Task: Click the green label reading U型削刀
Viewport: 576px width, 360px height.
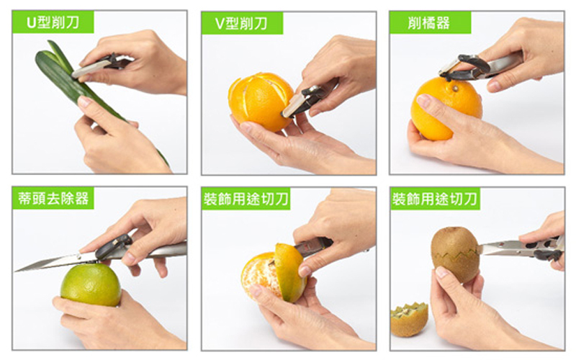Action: (x=53, y=22)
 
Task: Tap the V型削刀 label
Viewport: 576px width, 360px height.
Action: (x=242, y=23)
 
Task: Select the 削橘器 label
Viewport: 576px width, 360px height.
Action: (x=430, y=23)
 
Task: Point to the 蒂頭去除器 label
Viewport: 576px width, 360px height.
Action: (x=53, y=199)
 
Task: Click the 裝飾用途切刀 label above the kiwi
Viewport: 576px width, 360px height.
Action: (x=436, y=199)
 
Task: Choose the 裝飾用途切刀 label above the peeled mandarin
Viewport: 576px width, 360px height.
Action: (x=246, y=199)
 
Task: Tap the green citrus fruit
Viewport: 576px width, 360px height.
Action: (x=91, y=284)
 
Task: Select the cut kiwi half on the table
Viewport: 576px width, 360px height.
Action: (x=409, y=320)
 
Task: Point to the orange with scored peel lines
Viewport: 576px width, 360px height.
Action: (x=260, y=102)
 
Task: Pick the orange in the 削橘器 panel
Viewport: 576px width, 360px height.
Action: (x=446, y=109)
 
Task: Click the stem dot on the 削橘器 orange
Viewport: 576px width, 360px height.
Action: (x=456, y=88)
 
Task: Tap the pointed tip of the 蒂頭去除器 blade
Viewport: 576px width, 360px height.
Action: (x=15, y=271)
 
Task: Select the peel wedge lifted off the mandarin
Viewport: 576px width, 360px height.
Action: (x=289, y=273)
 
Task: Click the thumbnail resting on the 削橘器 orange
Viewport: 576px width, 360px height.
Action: (x=423, y=100)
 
